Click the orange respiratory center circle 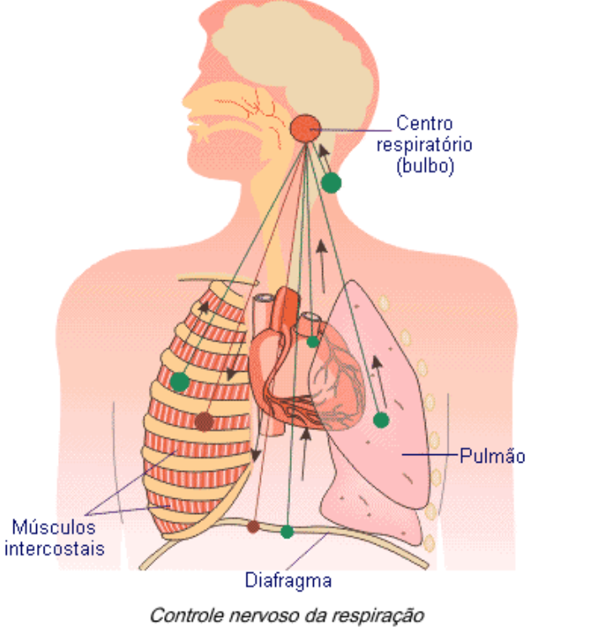[306, 128]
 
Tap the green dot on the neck [332, 183]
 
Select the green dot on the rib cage [179, 381]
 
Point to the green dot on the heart [313, 342]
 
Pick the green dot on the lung [381, 419]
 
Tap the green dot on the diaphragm [287, 531]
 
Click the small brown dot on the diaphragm [253, 527]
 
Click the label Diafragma [289, 581]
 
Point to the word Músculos [53, 528]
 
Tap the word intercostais [55, 549]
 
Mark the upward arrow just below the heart [305, 446]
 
